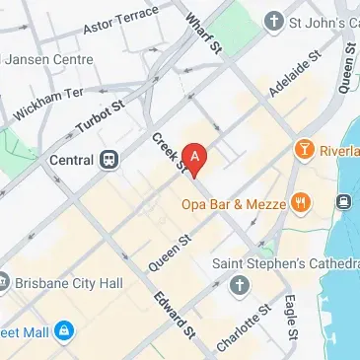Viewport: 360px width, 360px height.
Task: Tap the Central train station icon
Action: pos(110,159)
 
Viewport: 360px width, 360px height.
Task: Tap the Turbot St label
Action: pos(100,113)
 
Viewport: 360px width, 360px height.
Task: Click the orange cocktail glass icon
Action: pos(304,149)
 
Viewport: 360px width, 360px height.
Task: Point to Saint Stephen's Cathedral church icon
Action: pos(239,286)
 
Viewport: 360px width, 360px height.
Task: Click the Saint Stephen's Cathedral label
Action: pos(286,264)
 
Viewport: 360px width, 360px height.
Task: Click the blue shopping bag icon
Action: pos(64,329)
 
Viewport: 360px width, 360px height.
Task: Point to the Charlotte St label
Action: pos(243,328)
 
